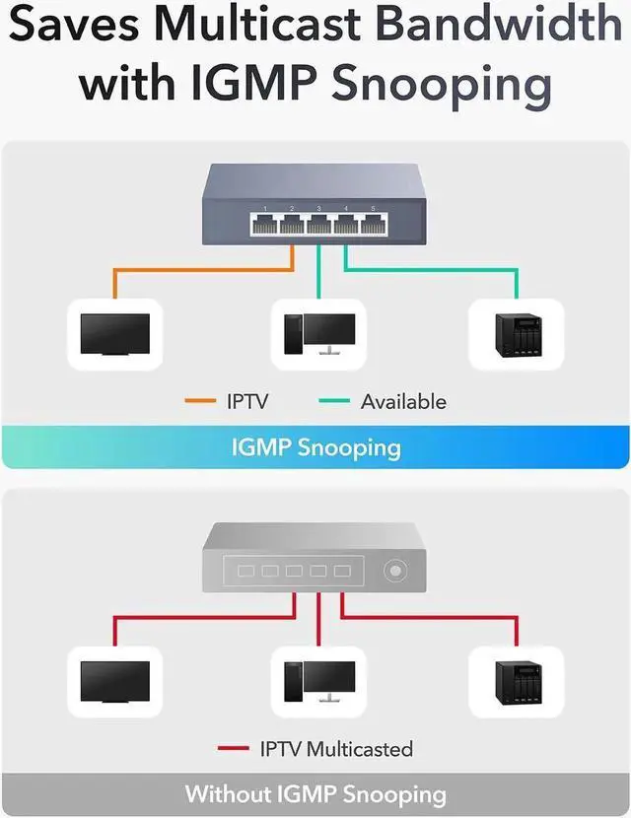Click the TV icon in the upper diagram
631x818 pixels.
pos(114,334)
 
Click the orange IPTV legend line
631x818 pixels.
pos(200,402)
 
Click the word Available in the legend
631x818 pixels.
pos(403,402)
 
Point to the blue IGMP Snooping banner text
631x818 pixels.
pos(315,447)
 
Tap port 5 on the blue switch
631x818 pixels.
pos(373,224)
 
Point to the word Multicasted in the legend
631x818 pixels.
pos(359,749)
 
